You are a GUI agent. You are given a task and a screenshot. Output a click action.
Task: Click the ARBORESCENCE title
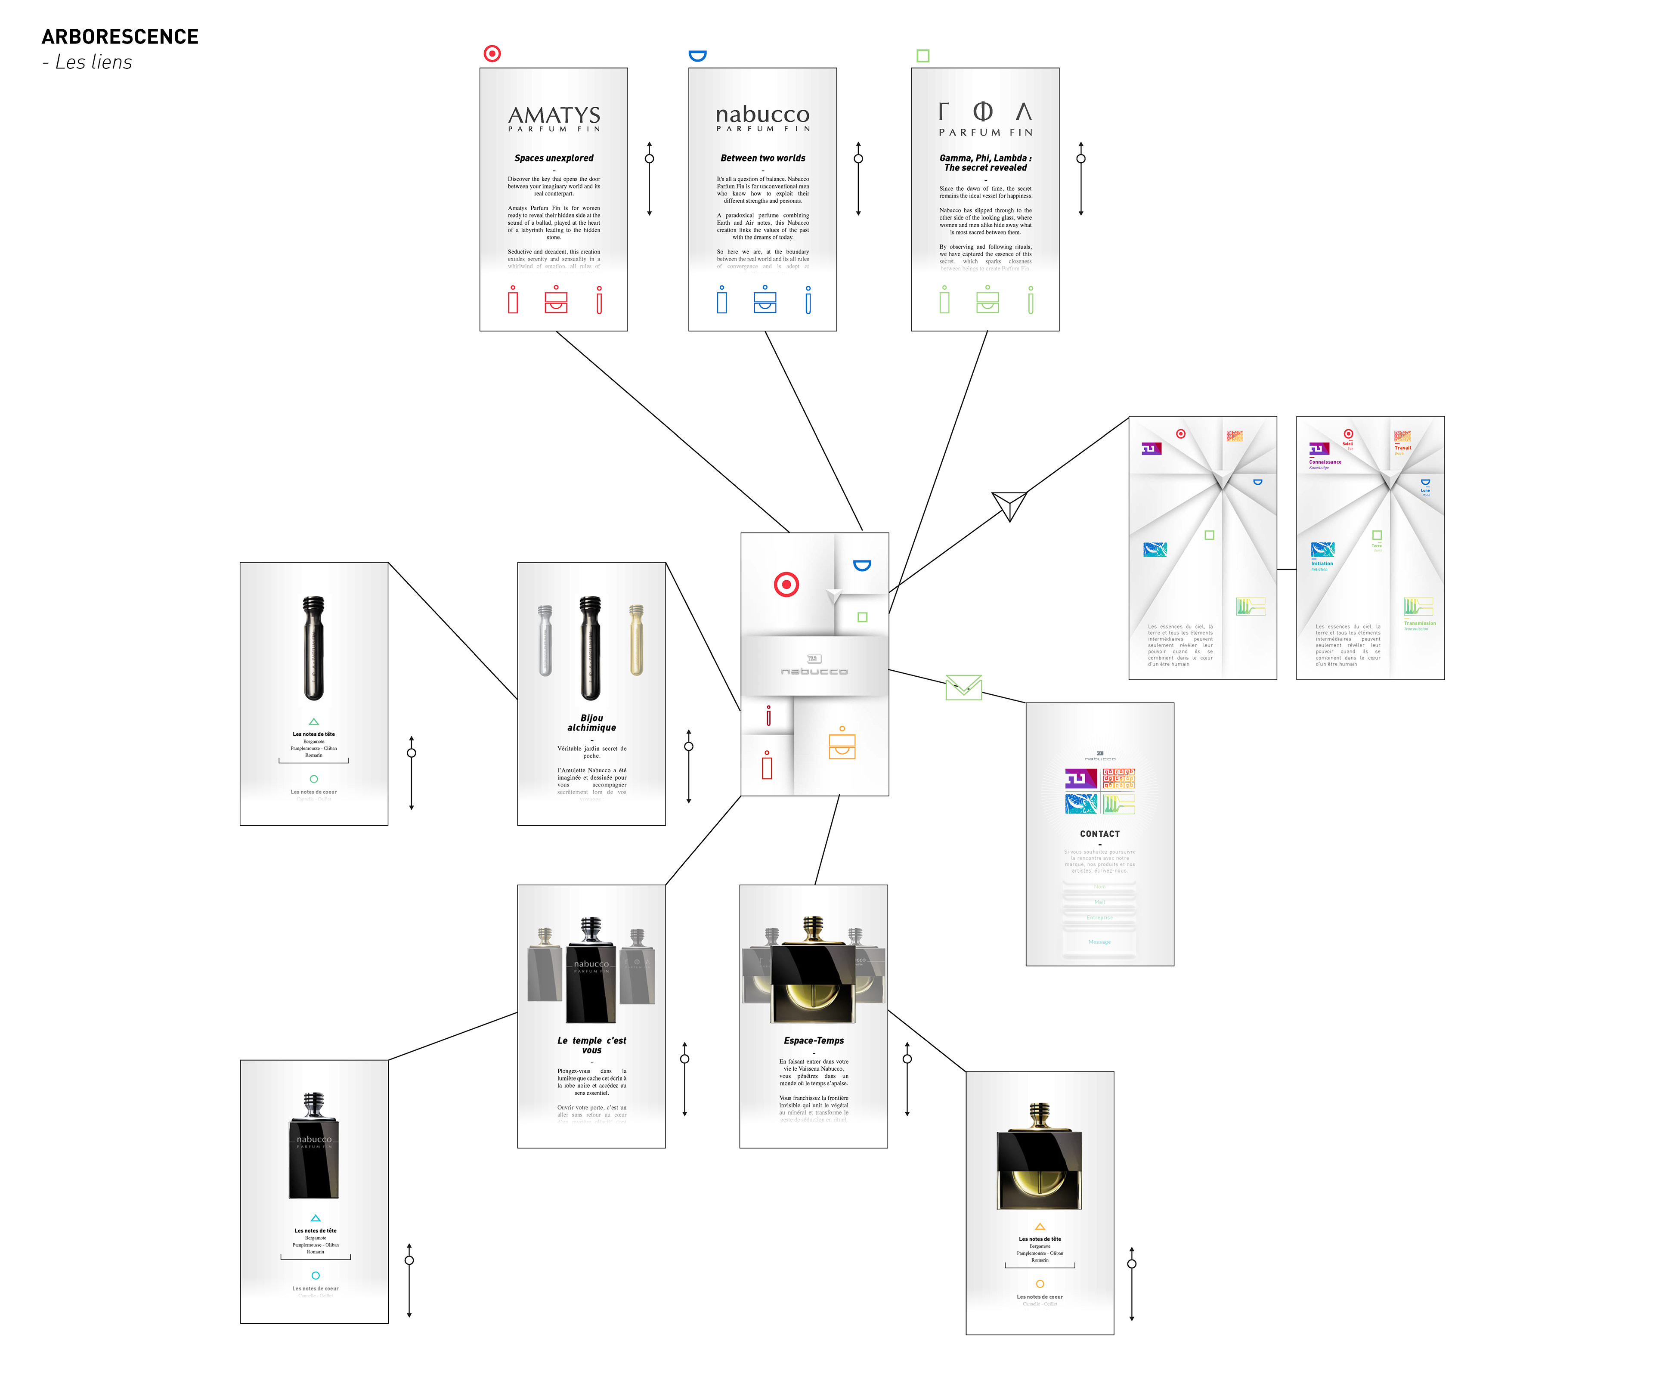click(120, 37)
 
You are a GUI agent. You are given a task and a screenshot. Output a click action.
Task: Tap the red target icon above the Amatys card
click(492, 53)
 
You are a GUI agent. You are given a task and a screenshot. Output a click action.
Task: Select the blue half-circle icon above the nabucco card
click(697, 55)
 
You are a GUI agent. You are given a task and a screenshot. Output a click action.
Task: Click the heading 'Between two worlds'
click(763, 158)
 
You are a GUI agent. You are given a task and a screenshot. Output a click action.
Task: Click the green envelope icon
click(963, 687)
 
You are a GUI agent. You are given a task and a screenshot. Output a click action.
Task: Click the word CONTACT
click(1100, 833)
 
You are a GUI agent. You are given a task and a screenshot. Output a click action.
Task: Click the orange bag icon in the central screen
click(842, 744)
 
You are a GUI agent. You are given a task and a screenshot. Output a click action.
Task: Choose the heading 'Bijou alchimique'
click(592, 723)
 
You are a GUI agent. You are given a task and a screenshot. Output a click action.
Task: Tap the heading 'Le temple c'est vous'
click(592, 1045)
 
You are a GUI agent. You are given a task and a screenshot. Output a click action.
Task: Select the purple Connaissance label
click(1325, 462)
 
